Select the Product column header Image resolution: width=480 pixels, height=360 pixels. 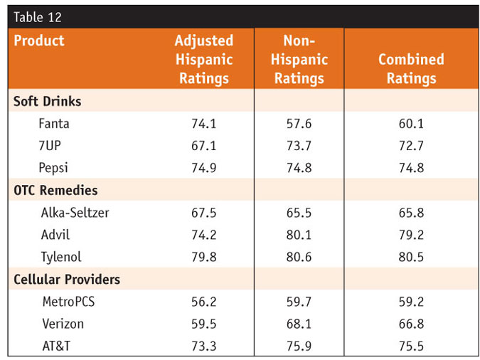click(39, 41)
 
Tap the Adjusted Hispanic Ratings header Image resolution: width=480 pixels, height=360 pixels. click(204, 60)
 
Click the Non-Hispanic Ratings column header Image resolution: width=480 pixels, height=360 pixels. click(299, 60)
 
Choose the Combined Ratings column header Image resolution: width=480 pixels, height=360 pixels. click(411, 69)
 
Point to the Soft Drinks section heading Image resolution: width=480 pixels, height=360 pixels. click(48, 101)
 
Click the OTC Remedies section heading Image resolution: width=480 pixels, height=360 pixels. click(55, 191)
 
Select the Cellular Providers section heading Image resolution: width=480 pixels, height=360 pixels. click(67, 280)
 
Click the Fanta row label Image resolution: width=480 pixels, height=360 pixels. click(54, 124)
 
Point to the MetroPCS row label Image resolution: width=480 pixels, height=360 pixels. click(68, 302)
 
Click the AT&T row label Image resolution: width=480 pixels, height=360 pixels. click(55, 346)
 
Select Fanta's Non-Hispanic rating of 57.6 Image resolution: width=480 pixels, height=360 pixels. click(299, 124)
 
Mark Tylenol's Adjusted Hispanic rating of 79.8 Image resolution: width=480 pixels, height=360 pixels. click(204, 258)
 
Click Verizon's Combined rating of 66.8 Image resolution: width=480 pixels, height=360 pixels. click(411, 324)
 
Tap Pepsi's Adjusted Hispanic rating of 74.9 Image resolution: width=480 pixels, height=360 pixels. click(204, 169)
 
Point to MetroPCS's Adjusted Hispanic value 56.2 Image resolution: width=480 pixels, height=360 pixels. click(204, 302)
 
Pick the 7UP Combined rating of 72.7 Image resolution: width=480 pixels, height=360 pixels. click(411, 146)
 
